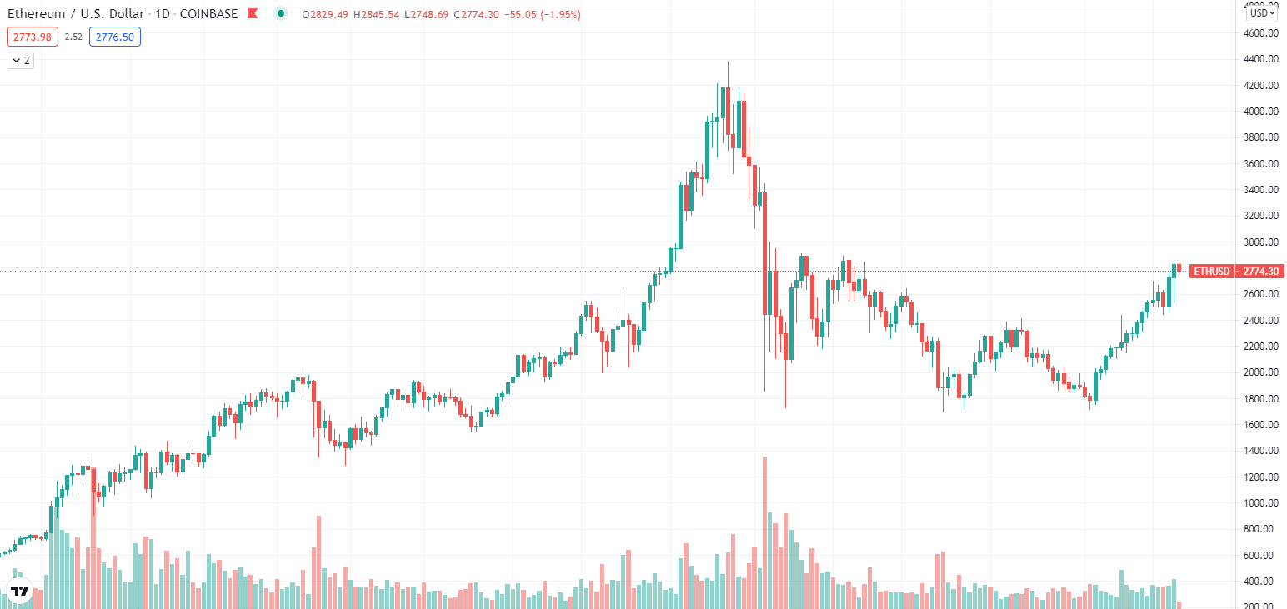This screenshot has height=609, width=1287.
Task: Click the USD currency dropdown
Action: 1261,12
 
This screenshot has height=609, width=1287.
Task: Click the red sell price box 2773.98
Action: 32,37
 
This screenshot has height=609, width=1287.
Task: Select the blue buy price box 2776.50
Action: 116,37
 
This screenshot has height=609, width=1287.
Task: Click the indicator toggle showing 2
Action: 21,60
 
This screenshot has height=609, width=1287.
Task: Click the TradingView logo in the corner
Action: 20,591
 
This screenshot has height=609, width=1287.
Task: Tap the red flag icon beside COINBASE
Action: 253,14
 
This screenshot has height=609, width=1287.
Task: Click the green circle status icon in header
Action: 282,14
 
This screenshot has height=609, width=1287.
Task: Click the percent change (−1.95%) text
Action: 558,15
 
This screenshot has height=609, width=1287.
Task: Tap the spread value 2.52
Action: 73,37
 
